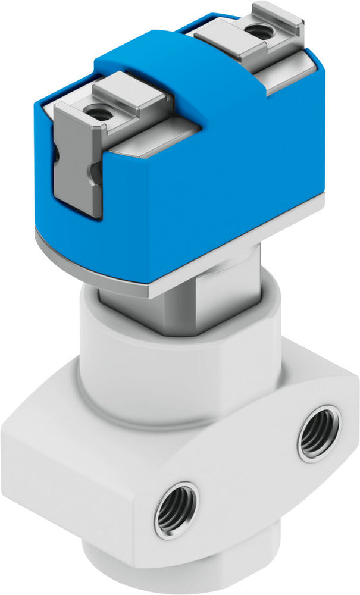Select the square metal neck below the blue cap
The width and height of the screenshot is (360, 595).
(179, 312)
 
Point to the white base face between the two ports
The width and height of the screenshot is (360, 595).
(250, 476)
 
